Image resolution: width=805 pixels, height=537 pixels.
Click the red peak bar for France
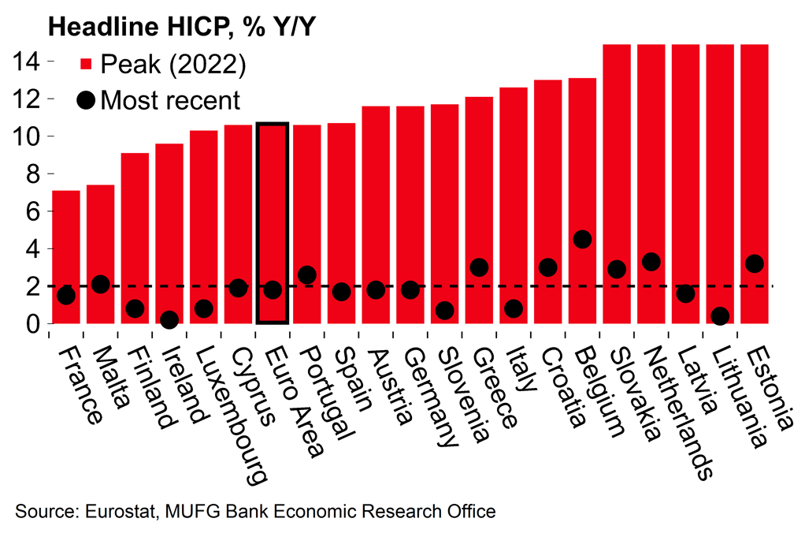click(x=66, y=237)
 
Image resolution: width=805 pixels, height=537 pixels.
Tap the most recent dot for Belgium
click(x=582, y=240)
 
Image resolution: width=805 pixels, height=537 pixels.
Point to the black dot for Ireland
click(x=169, y=319)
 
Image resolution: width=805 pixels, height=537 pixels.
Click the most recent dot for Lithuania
click(x=719, y=316)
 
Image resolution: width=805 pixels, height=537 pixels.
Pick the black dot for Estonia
click(x=754, y=263)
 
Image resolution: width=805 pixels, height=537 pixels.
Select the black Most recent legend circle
click(x=87, y=101)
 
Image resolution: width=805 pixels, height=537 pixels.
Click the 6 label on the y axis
click(x=32, y=211)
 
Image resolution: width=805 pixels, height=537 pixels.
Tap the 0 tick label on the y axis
click(x=32, y=324)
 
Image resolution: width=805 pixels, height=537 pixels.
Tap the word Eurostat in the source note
click(x=117, y=512)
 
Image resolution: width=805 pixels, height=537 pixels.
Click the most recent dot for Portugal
click(x=307, y=275)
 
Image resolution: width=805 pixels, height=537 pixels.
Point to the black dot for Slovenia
click(x=444, y=311)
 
